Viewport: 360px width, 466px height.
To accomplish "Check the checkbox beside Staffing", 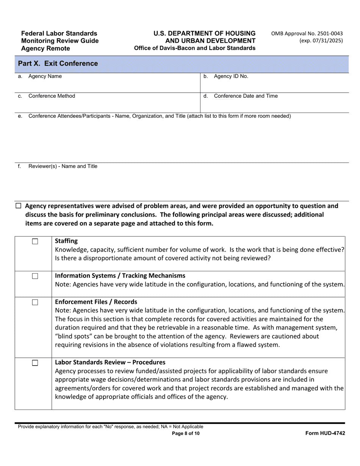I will pos(35,242).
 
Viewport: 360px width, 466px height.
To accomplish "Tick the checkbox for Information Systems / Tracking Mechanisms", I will pos(35,276).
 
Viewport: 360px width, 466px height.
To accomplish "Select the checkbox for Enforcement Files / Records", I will pos(35,302).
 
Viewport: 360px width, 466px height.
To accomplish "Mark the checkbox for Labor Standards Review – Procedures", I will pos(35,363).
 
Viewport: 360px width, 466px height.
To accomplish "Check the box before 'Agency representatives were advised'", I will pos(18,206).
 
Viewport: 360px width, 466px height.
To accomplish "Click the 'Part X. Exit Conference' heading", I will pos(58,64).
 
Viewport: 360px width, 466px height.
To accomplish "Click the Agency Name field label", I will pos(45,76).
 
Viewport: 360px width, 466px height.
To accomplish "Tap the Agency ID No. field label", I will pos(231,76).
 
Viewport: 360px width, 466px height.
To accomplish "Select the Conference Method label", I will pos(52,96).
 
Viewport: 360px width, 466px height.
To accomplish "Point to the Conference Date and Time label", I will pos(246,96).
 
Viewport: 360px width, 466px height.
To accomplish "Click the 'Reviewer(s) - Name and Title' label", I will pos(63,166).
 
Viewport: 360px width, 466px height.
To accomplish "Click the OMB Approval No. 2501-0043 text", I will pos(307,33).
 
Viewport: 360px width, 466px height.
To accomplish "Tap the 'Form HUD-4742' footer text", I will pos(325,433).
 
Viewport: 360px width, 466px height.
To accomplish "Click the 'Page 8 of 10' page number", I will pos(186,433).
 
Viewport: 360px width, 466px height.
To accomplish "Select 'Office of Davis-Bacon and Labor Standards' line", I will pos(194,48).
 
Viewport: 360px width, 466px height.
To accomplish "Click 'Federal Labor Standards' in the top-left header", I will pos(59,33).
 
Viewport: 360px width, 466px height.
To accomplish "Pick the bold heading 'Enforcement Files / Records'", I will pos(96,302).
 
